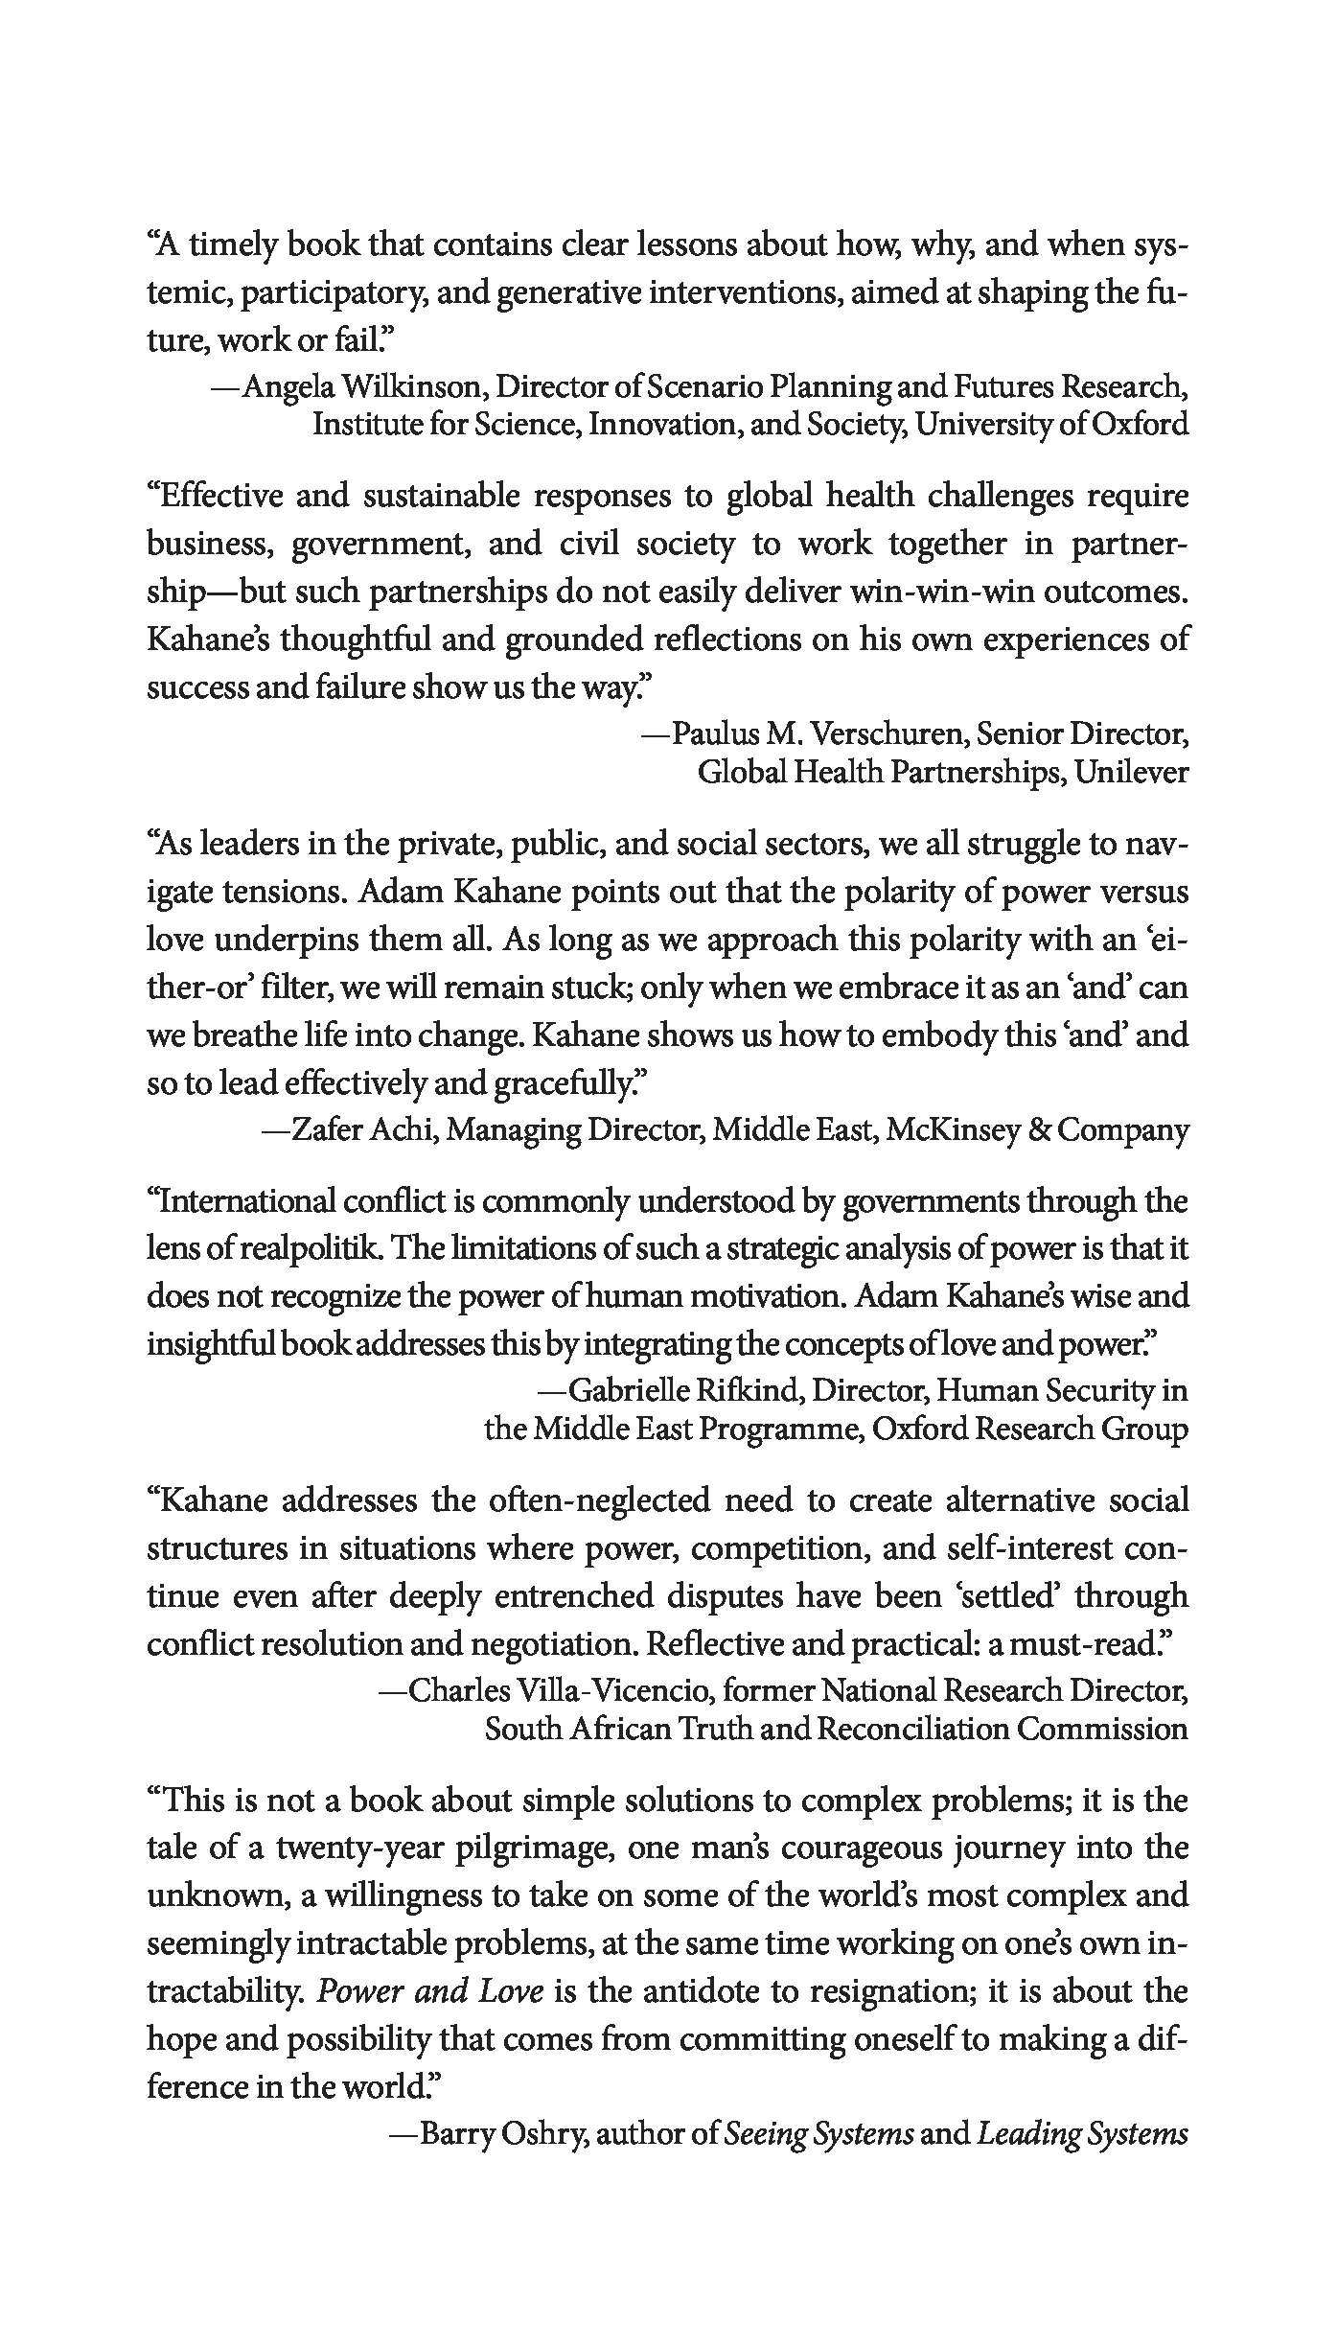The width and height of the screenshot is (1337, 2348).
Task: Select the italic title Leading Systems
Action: pos(1083,2134)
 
